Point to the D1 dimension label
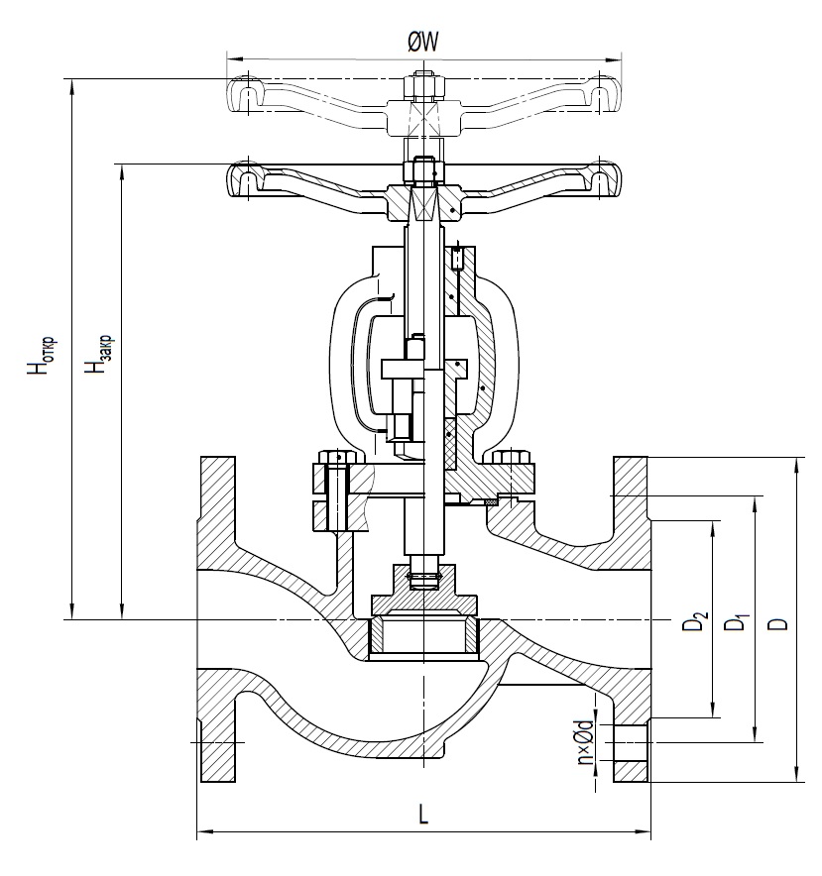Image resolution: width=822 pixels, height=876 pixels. (736, 623)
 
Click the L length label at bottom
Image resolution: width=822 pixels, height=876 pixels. (423, 815)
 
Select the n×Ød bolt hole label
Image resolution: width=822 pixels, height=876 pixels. (586, 745)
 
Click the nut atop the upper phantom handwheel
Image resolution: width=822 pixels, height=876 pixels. (423, 83)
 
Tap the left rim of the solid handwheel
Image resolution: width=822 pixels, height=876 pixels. (243, 180)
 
